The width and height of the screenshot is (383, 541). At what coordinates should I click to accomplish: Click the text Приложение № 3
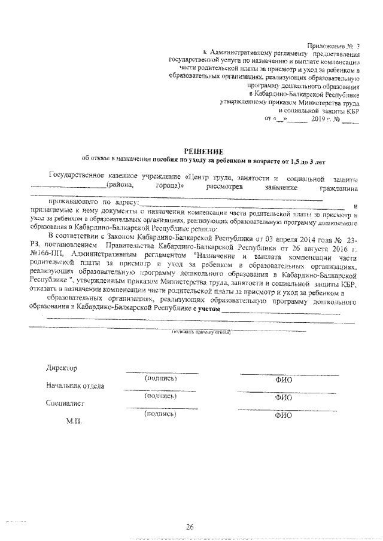(x=334, y=45)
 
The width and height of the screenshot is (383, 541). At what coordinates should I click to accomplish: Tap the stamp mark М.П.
(x=74, y=421)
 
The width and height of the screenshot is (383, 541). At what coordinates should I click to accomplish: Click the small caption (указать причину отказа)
(x=200, y=331)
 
